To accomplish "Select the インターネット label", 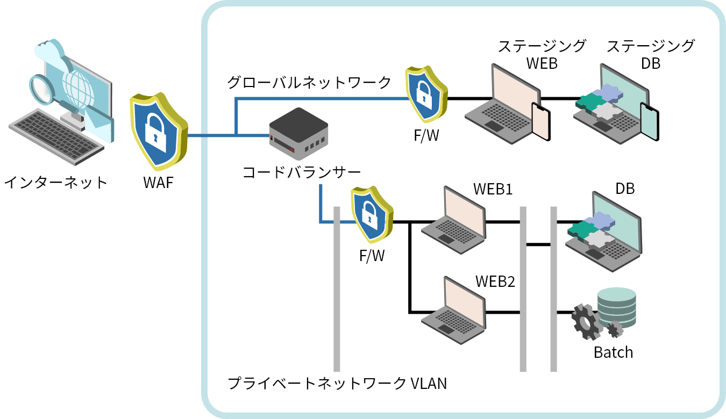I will (x=56, y=183).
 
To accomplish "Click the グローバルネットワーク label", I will (x=309, y=82).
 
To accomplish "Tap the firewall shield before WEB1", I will (x=372, y=215).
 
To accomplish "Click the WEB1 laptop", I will (x=455, y=220).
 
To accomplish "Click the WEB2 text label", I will (x=495, y=281).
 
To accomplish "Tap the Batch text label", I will (x=613, y=352).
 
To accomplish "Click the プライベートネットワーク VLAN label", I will (x=337, y=384).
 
